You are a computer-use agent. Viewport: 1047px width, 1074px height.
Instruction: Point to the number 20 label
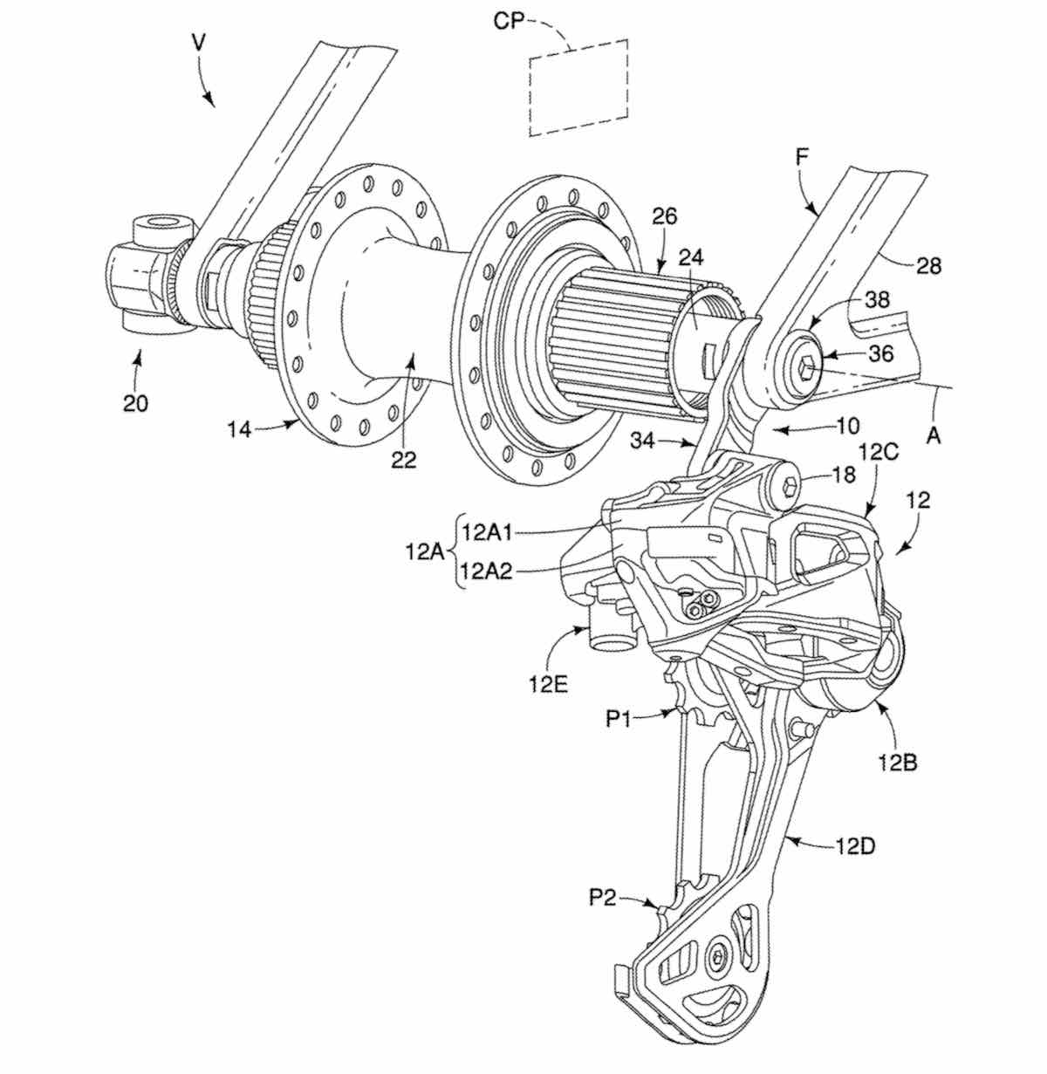click(136, 404)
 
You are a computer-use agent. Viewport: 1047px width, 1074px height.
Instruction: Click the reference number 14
click(240, 429)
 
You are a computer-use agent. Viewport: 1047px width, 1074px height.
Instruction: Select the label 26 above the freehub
click(664, 215)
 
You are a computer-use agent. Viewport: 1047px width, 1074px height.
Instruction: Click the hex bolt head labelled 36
click(804, 365)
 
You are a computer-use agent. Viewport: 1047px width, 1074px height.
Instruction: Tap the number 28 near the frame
click(929, 266)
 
